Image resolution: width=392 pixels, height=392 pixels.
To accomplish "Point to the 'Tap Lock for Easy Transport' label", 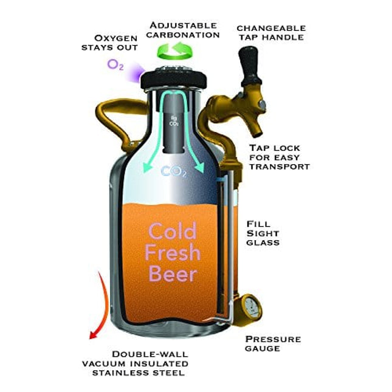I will pyautogui.click(x=280, y=157).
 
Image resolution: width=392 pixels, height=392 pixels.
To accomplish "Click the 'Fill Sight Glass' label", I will pyautogui.click(x=263, y=233).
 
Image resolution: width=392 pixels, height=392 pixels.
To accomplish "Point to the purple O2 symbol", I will pyautogui.click(x=115, y=64).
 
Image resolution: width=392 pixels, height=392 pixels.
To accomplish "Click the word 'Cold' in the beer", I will pyautogui.click(x=173, y=232).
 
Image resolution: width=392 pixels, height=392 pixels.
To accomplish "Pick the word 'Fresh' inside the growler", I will pyautogui.click(x=173, y=252).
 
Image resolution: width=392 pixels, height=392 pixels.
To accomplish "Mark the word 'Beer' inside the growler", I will pyautogui.click(x=173, y=274).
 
